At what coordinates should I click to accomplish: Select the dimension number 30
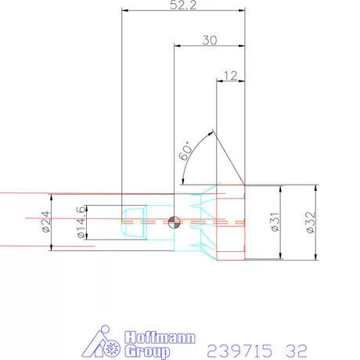209,42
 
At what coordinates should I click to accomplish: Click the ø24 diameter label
45,222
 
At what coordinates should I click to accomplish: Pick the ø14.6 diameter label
79,222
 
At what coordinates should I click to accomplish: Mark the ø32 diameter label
310,223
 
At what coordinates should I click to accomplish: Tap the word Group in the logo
145,351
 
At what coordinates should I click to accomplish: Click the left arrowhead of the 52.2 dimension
125,10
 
